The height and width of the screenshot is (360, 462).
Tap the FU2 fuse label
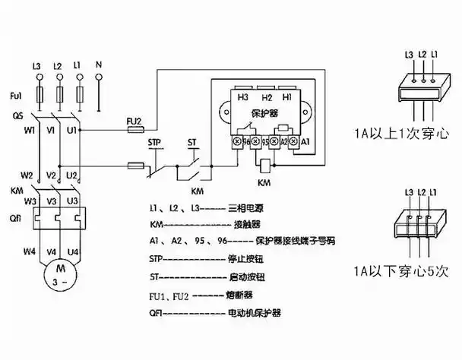click(x=133, y=120)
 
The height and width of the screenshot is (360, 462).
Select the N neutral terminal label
click(x=99, y=67)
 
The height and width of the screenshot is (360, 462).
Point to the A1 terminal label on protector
click(x=305, y=141)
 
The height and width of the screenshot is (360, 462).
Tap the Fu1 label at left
click(x=17, y=96)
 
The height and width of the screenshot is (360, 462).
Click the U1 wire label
click(x=71, y=131)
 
